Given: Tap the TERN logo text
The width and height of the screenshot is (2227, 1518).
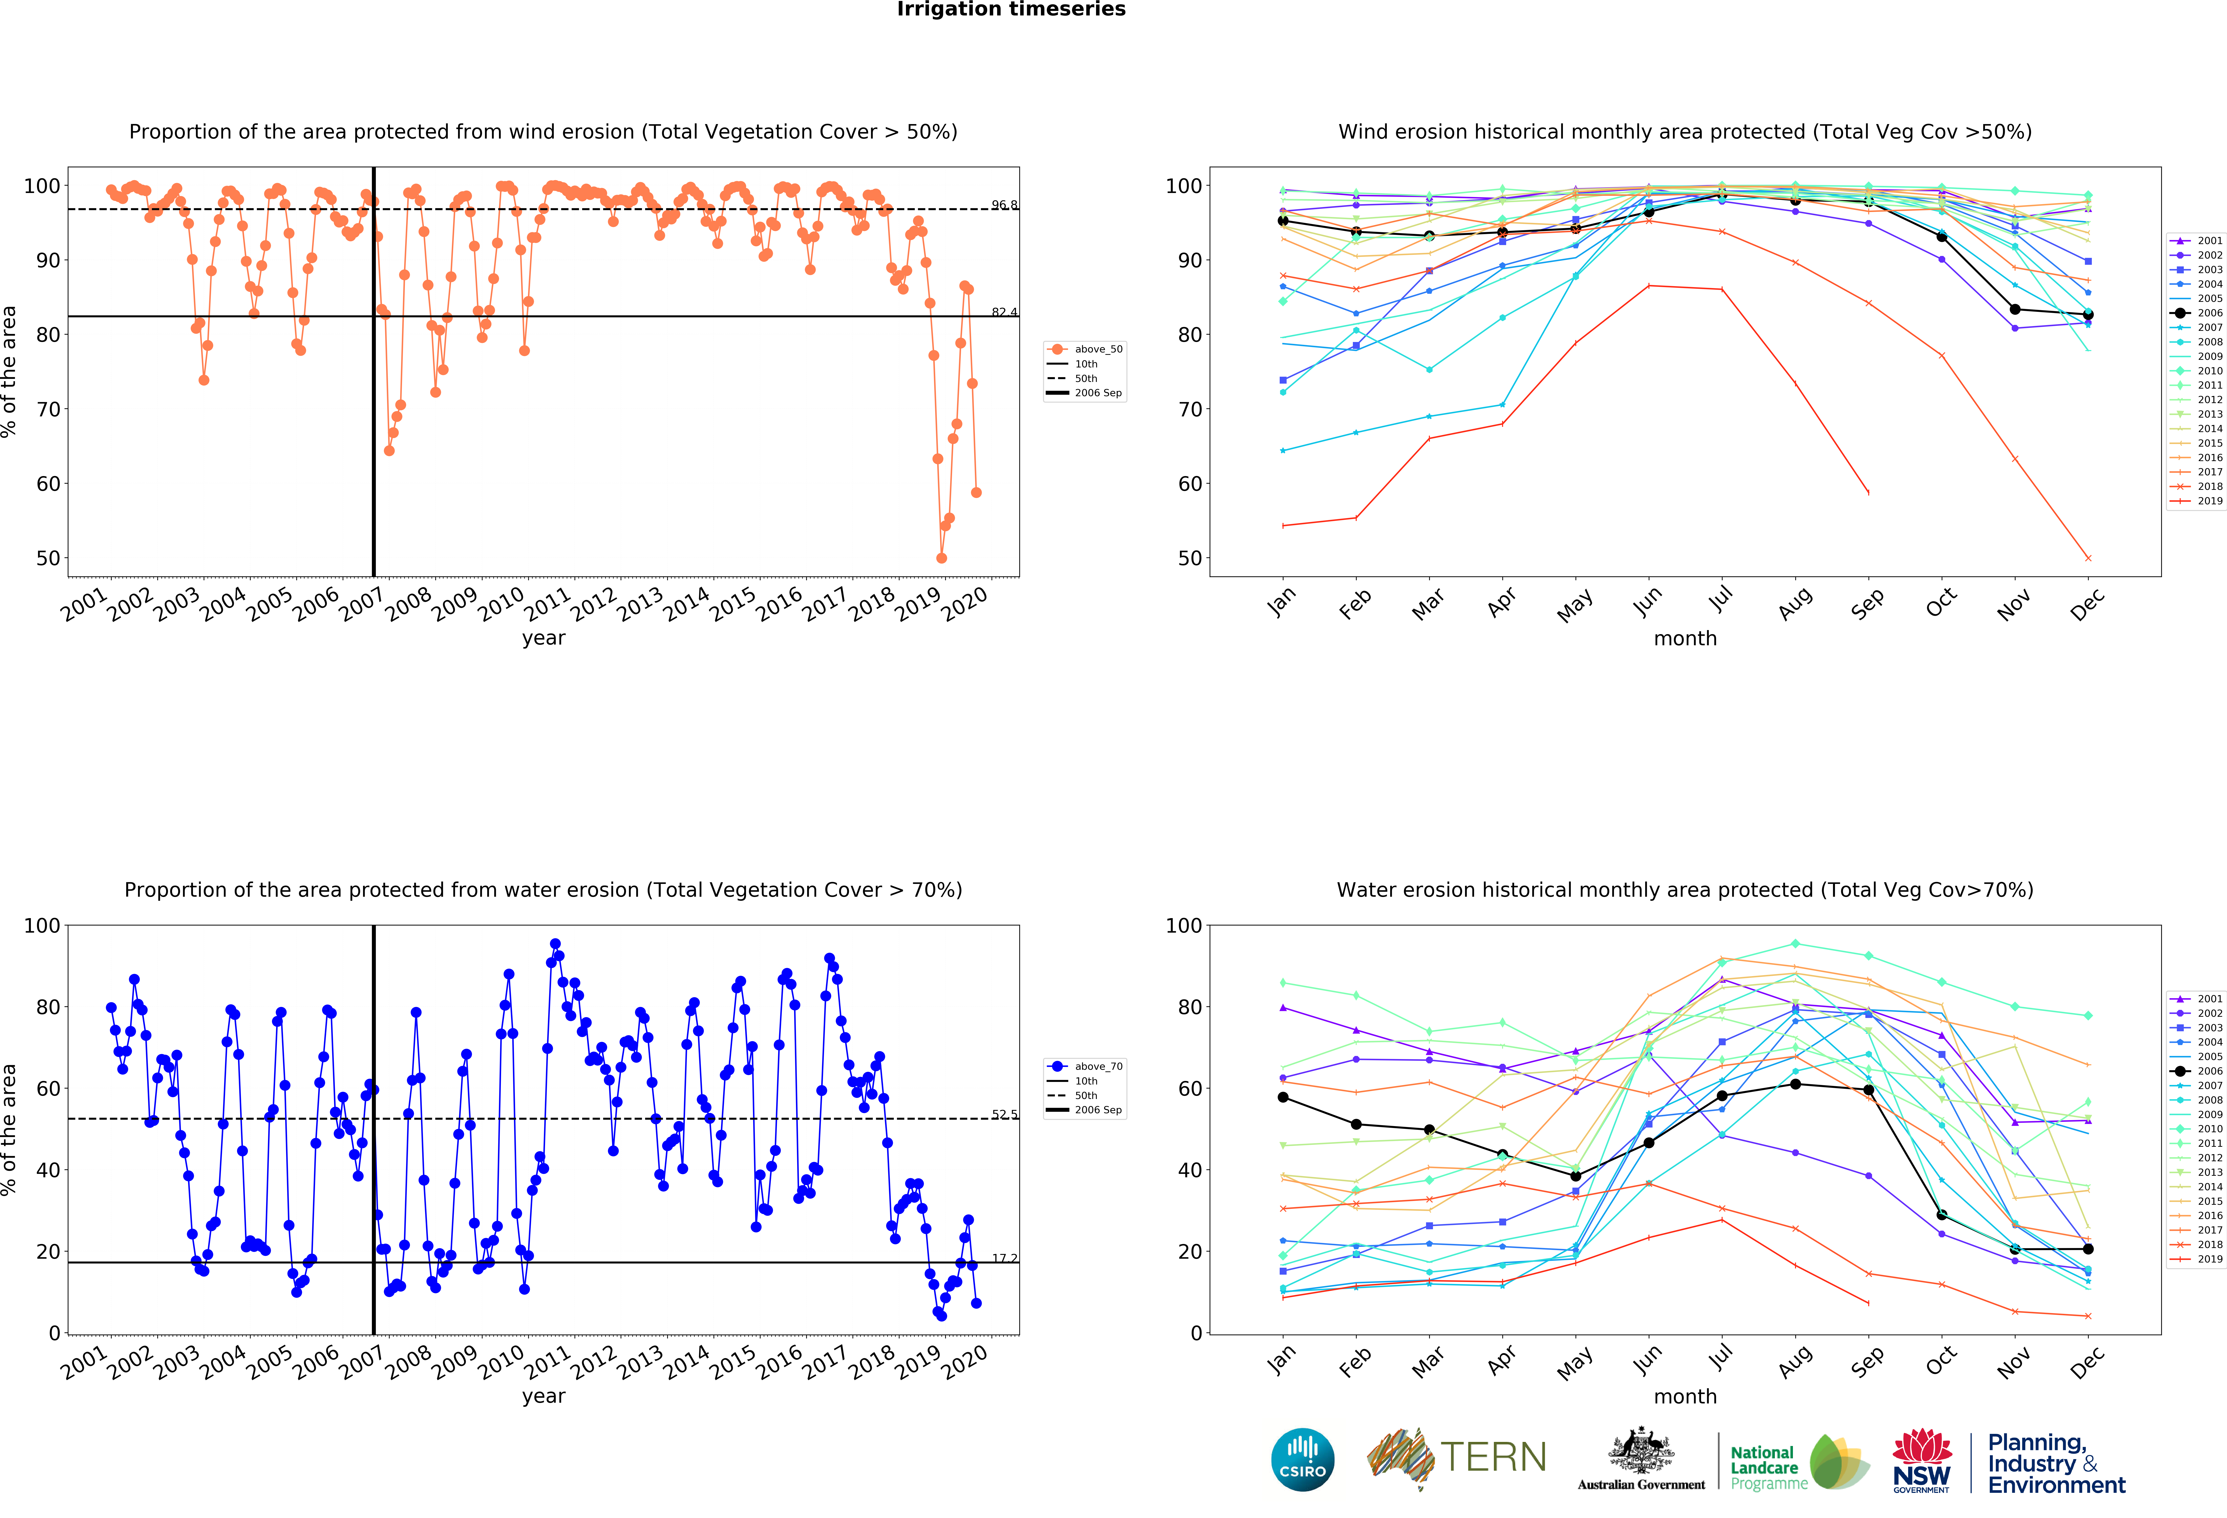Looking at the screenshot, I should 1493,1458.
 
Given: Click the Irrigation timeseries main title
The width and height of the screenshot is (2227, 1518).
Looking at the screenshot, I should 1011,10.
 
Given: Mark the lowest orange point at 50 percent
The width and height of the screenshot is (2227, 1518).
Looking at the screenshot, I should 941,558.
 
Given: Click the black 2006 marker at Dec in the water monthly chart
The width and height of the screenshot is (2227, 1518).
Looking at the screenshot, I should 2088,1250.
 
